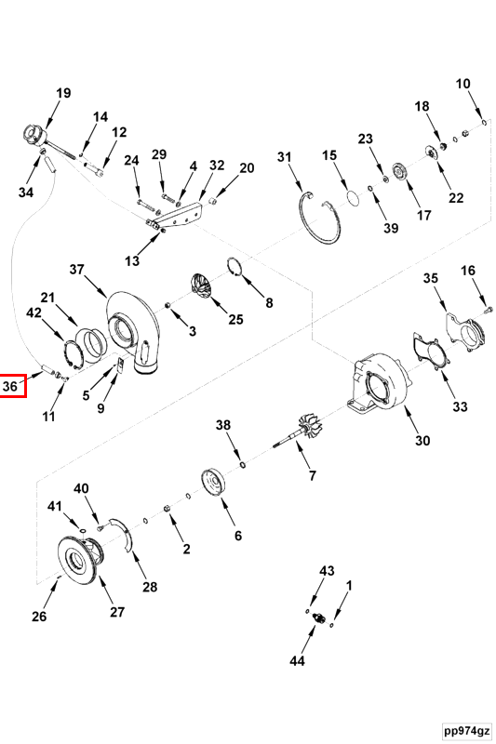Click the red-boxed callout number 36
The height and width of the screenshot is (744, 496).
[10, 386]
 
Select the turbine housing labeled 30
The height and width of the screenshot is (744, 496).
[380, 384]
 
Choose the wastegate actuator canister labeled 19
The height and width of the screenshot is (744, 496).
[35, 134]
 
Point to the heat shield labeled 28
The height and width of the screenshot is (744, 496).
[123, 534]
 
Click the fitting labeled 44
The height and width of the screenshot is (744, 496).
[319, 618]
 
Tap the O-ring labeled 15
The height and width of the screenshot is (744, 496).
[352, 198]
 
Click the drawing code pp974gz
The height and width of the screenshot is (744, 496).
[466, 730]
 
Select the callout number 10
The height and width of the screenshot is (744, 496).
[462, 84]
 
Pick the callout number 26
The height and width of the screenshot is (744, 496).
[39, 616]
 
